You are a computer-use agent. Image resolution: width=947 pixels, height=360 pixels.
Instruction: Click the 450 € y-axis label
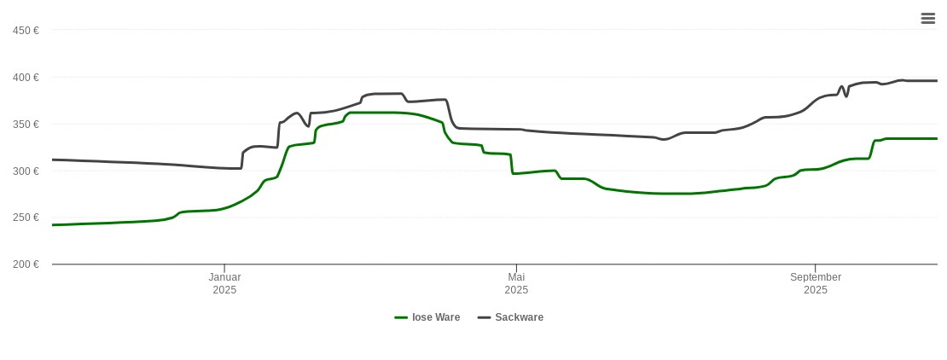pyautogui.click(x=26, y=31)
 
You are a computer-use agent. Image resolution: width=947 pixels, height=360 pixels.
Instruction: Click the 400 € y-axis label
pyautogui.click(x=26, y=78)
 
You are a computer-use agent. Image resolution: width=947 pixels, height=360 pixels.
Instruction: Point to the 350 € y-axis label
pyautogui.click(x=26, y=125)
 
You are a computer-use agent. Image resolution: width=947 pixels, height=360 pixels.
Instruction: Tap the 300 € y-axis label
pyautogui.click(x=26, y=171)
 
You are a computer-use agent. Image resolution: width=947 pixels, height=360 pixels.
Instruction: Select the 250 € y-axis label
pyautogui.click(x=26, y=218)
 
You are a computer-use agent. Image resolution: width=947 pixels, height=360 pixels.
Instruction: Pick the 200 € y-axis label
pyautogui.click(x=26, y=264)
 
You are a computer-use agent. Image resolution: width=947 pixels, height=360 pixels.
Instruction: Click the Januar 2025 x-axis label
pyautogui.click(x=224, y=283)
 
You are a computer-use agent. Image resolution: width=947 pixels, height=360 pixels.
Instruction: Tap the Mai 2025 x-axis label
pyautogui.click(x=516, y=283)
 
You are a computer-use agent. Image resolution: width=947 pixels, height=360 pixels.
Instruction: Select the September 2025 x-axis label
pyautogui.click(x=816, y=283)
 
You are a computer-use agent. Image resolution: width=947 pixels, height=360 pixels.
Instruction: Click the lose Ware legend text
pyautogui.click(x=436, y=317)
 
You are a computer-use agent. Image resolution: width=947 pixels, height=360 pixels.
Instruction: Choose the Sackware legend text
pyautogui.click(x=519, y=317)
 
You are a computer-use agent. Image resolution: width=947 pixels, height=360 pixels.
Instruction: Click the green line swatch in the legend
pyautogui.click(x=401, y=317)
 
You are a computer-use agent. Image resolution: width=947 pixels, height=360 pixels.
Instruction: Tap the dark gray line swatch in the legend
pyautogui.click(x=484, y=317)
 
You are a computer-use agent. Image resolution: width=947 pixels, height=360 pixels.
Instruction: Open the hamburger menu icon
pyautogui.click(x=928, y=18)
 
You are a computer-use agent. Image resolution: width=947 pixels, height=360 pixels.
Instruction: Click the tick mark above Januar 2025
pyautogui.click(x=224, y=269)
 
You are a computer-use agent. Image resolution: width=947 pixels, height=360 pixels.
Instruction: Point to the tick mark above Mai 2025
pyautogui.click(x=516, y=269)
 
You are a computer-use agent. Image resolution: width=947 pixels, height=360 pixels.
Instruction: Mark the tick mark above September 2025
pyautogui.click(x=816, y=269)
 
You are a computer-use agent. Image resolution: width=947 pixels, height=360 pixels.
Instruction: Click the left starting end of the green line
pyautogui.click(x=53, y=224)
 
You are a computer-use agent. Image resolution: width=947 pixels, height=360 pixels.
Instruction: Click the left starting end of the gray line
pyautogui.click(x=53, y=160)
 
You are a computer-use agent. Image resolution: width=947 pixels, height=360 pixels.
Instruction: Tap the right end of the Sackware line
pyautogui.click(x=937, y=81)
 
